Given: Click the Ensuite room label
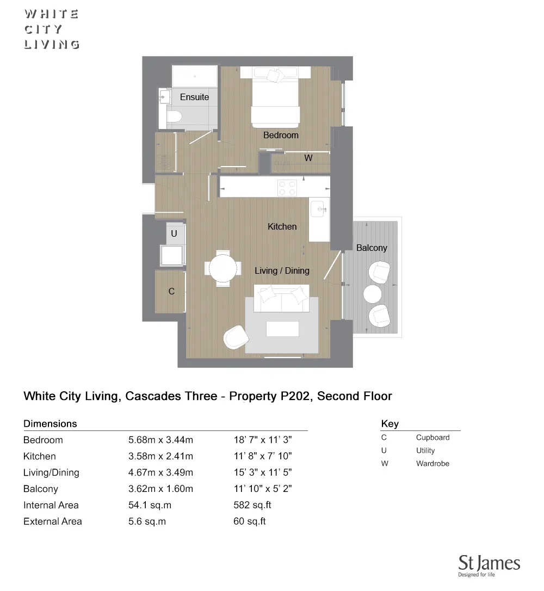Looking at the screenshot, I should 194,97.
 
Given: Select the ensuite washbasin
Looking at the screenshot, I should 165,97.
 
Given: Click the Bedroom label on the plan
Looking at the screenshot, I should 281,135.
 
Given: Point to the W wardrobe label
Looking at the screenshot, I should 308,158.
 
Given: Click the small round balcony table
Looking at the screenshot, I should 373,293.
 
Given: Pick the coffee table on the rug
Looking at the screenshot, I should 282,329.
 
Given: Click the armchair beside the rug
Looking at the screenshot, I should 234,337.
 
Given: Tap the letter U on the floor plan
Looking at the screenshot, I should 174,233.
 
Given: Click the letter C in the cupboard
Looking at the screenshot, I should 171,292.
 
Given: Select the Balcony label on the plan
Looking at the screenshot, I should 372,248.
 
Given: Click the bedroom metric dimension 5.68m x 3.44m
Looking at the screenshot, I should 160,440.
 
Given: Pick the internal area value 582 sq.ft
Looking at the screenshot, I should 252,505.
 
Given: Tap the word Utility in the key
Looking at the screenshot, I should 425,451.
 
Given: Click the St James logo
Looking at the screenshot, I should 489,565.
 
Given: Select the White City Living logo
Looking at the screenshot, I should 52,29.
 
